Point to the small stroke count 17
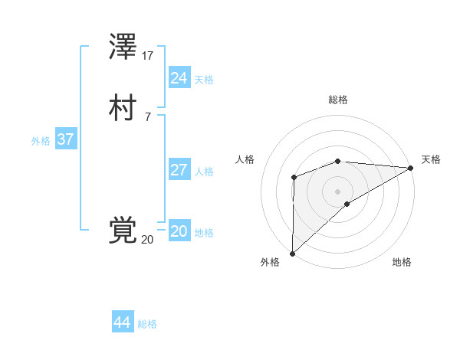[x=148, y=56]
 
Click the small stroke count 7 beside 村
[x=147, y=116]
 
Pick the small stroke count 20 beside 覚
[x=147, y=239]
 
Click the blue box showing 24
[x=179, y=77]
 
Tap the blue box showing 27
[x=179, y=170]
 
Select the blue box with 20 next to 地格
[x=179, y=231]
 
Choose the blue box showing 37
[x=65, y=140]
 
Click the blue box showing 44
[x=123, y=322]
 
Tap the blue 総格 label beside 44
[x=147, y=324]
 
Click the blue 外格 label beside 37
[x=41, y=141]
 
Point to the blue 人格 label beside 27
[x=204, y=172]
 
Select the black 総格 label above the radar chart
[x=338, y=100]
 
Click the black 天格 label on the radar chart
[x=431, y=159]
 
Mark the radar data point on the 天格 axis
[x=410, y=168]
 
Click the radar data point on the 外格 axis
[x=292, y=253]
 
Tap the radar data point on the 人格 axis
[x=294, y=178]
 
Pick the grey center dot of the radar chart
[x=337, y=191]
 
